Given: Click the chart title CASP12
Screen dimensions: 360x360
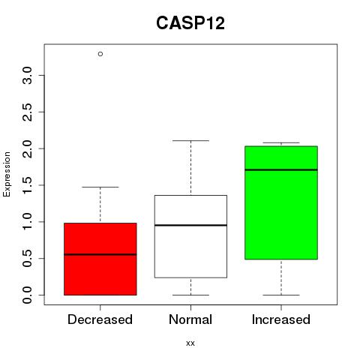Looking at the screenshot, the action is click(190, 23).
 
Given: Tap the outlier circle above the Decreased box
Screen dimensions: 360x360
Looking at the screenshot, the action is click(100, 54).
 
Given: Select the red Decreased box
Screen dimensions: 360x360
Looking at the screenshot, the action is click(100, 259).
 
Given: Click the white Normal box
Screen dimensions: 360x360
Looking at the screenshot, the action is click(190, 236).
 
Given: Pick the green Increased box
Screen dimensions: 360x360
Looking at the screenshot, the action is click(281, 202).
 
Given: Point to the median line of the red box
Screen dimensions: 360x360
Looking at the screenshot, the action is click(100, 254).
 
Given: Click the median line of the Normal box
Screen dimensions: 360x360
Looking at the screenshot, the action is click(190, 225).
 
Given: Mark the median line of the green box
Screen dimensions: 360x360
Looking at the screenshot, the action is click(281, 169).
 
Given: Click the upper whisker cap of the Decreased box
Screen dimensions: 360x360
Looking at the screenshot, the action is click(100, 187).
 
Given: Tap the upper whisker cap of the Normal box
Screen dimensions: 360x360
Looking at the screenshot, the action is click(190, 141).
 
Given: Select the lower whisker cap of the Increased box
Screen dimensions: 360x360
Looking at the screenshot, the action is click(281, 295).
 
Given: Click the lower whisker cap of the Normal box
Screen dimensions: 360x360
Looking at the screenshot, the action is click(190, 295).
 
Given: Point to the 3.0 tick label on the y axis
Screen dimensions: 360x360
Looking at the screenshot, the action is click(27, 75).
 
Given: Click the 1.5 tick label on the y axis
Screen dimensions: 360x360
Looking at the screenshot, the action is click(27, 185).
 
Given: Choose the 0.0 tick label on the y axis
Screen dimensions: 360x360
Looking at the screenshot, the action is click(27, 295).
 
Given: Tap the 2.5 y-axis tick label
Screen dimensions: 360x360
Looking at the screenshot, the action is click(27, 112).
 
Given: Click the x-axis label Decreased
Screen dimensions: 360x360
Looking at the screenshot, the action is click(100, 319).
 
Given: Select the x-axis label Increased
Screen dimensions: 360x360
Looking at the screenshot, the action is click(281, 319).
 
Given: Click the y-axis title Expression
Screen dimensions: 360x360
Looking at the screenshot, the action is click(7, 174).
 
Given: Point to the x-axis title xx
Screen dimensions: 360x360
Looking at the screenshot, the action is click(190, 343).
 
